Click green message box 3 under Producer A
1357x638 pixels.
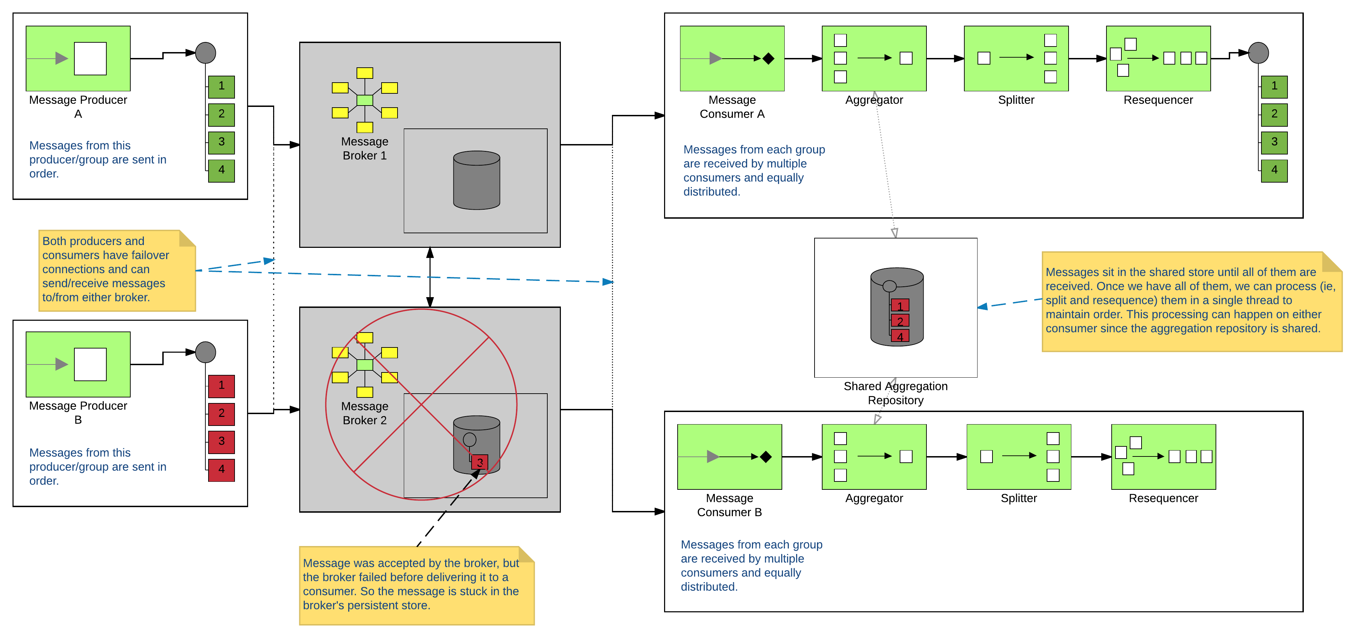[x=221, y=142]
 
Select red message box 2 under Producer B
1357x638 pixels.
[x=221, y=414]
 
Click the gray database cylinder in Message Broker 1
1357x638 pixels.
[x=476, y=181]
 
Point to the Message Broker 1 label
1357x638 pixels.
[x=365, y=149]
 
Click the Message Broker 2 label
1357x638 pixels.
[x=365, y=413]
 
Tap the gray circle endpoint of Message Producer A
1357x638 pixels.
[x=205, y=53]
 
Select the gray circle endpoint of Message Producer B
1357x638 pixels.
[x=205, y=352]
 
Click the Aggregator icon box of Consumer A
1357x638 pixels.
[x=874, y=58]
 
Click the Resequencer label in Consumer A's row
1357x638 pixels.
[x=1158, y=100]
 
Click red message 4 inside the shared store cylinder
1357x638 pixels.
[x=900, y=336]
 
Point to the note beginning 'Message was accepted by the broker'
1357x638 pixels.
[x=416, y=585]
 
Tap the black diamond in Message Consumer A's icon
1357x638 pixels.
[x=768, y=58]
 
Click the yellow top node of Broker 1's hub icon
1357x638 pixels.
[x=365, y=73]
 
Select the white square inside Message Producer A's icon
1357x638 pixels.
[x=90, y=58]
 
